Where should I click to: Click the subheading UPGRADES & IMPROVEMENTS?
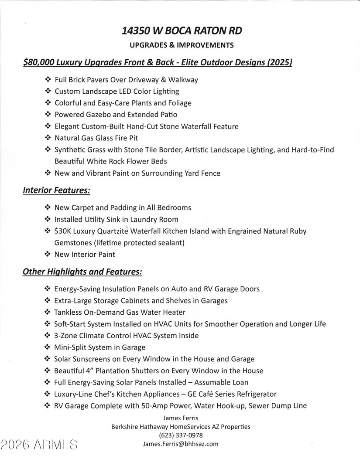(182, 45)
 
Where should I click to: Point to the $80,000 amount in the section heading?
(39, 62)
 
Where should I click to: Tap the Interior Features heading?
(56, 190)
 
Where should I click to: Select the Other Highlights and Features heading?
(82, 272)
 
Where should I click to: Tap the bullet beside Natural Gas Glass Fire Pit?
(48, 138)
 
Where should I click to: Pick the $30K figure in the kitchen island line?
(63, 231)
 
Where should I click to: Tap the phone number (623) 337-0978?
(181, 435)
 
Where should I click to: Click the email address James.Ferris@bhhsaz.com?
(181, 444)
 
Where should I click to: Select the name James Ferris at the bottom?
(181, 418)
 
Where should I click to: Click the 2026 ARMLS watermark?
(39, 445)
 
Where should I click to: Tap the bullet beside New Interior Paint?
(48, 254)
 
